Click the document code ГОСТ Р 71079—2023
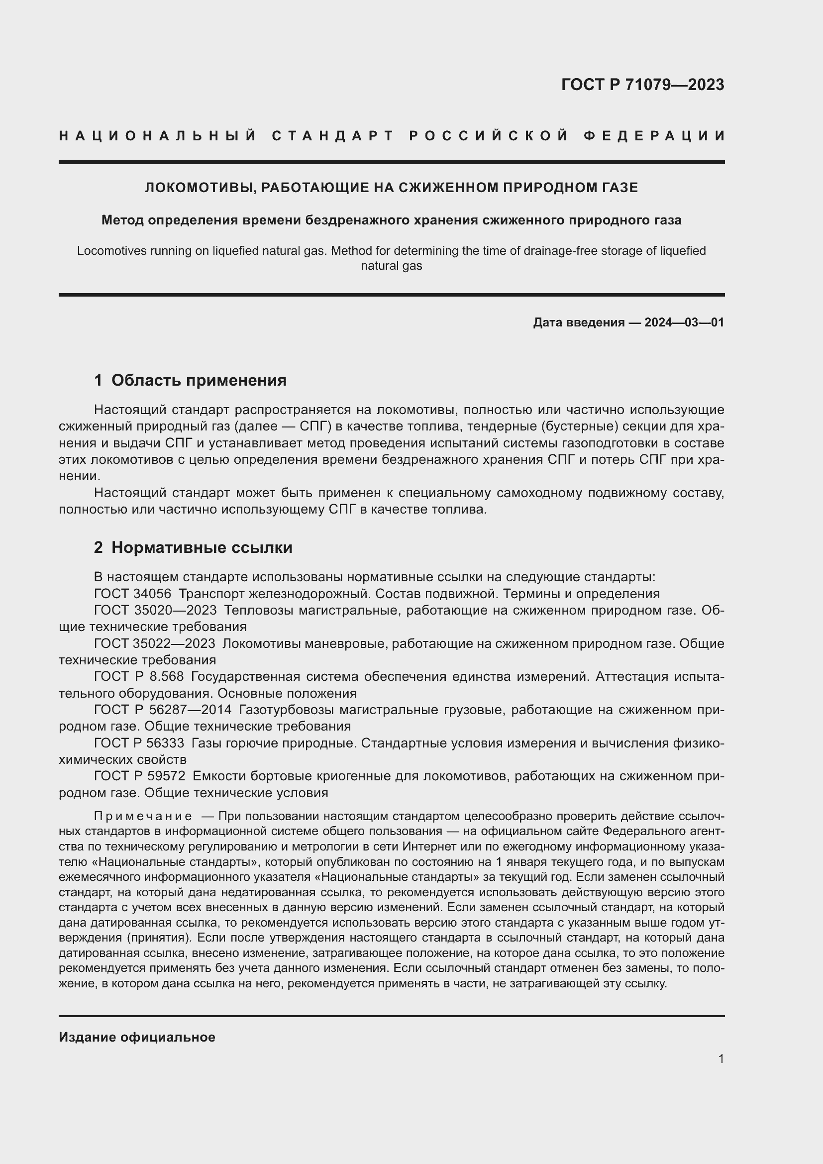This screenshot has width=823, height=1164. pyautogui.click(x=642, y=85)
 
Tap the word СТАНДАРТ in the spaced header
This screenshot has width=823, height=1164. pyautogui.click(x=333, y=136)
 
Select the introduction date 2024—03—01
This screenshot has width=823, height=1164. pyautogui.click(x=684, y=322)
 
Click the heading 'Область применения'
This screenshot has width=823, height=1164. pyautogui.click(x=199, y=380)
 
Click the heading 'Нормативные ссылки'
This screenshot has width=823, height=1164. pyautogui.click(x=202, y=547)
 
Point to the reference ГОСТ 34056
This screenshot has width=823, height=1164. pyautogui.click(x=132, y=594)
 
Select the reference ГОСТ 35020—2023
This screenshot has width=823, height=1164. pyautogui.click(x=155, y=610)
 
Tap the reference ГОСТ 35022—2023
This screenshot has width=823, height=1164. pyautogui.click(x=155, y=643)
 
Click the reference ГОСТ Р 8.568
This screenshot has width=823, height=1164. pyautogui.click(x=139, y=676)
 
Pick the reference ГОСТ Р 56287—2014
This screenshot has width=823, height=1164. pyautogui.click(x=163, y=710)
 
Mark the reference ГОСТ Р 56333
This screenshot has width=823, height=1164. pyautogui.click(x=139, y=743)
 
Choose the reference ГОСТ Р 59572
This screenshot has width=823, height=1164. pyautogui.click(x=139, y=776)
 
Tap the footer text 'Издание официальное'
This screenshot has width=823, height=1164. pyautogui.click(x=137, y=1037)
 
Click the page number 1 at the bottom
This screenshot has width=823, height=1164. pyautogui.click(x=721, y=1058)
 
